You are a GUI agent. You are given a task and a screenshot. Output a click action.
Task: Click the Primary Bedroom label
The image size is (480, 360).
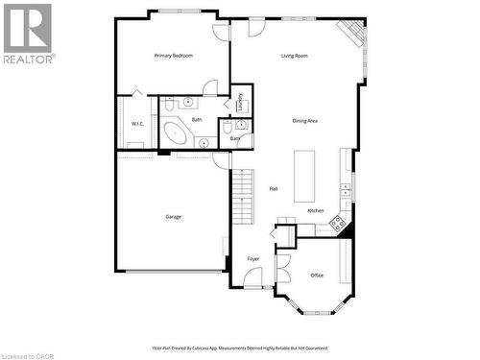click(174, 56)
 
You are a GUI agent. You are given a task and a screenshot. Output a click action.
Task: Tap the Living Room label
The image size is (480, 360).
click(294, 56)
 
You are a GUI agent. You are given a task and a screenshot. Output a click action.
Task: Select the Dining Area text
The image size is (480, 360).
click(305, 120)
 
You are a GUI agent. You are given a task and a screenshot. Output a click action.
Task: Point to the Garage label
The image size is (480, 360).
click(173, 217)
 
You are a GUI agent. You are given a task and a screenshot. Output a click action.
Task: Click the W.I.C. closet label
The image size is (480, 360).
click(136, 124)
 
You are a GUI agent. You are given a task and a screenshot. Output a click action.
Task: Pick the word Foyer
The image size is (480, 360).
click(253, 259)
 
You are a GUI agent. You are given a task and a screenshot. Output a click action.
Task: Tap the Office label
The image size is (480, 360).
click(317, 276)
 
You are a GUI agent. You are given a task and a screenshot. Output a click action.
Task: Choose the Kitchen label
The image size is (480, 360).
click(316, 210)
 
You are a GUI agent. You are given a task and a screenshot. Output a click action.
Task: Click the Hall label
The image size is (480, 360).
click(274, 189)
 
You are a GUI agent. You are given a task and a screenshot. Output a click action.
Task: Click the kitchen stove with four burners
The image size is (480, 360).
click(337, 224)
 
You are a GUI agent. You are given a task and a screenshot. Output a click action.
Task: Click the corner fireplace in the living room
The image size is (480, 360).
click(356, 34)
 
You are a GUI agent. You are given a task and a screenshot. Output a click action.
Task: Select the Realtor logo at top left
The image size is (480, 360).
click(28, 34)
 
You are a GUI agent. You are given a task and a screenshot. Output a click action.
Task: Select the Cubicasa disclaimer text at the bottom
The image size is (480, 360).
click(240, 348)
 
